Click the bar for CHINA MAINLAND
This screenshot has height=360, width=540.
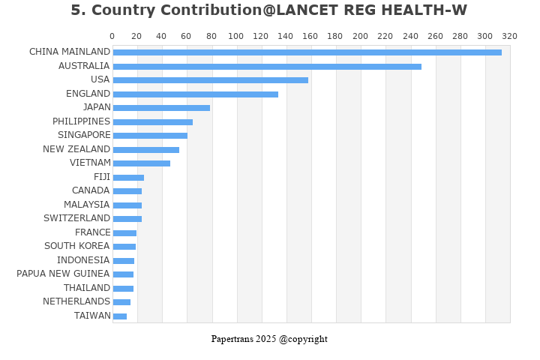click(307, 52)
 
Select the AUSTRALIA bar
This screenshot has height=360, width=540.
click(267, 67)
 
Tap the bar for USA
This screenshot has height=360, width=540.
click(210, 80)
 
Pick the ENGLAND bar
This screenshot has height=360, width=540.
click(195, 94)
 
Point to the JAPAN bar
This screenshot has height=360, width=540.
click(161, 108)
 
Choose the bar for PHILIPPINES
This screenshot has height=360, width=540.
click(152, 122)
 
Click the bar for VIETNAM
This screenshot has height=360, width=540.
click(141, 163)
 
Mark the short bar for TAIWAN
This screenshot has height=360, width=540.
click(119, 316)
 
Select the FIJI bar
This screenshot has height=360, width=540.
click(128, 178)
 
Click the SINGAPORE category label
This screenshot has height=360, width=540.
click(83, 135)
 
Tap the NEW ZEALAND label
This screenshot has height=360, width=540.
click(76, 149)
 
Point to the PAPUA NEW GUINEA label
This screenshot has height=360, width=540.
click(63, 274)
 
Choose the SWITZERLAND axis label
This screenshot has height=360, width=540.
click(76, 218)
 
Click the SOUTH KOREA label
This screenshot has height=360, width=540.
click(76, 246)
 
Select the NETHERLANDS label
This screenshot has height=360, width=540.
click(76, 301)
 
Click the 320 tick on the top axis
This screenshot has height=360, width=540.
click(509, 36)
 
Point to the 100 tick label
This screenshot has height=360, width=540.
click(235, 36)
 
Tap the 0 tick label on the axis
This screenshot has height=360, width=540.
click(112, 36)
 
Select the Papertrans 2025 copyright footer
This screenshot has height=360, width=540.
click(269, 339)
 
